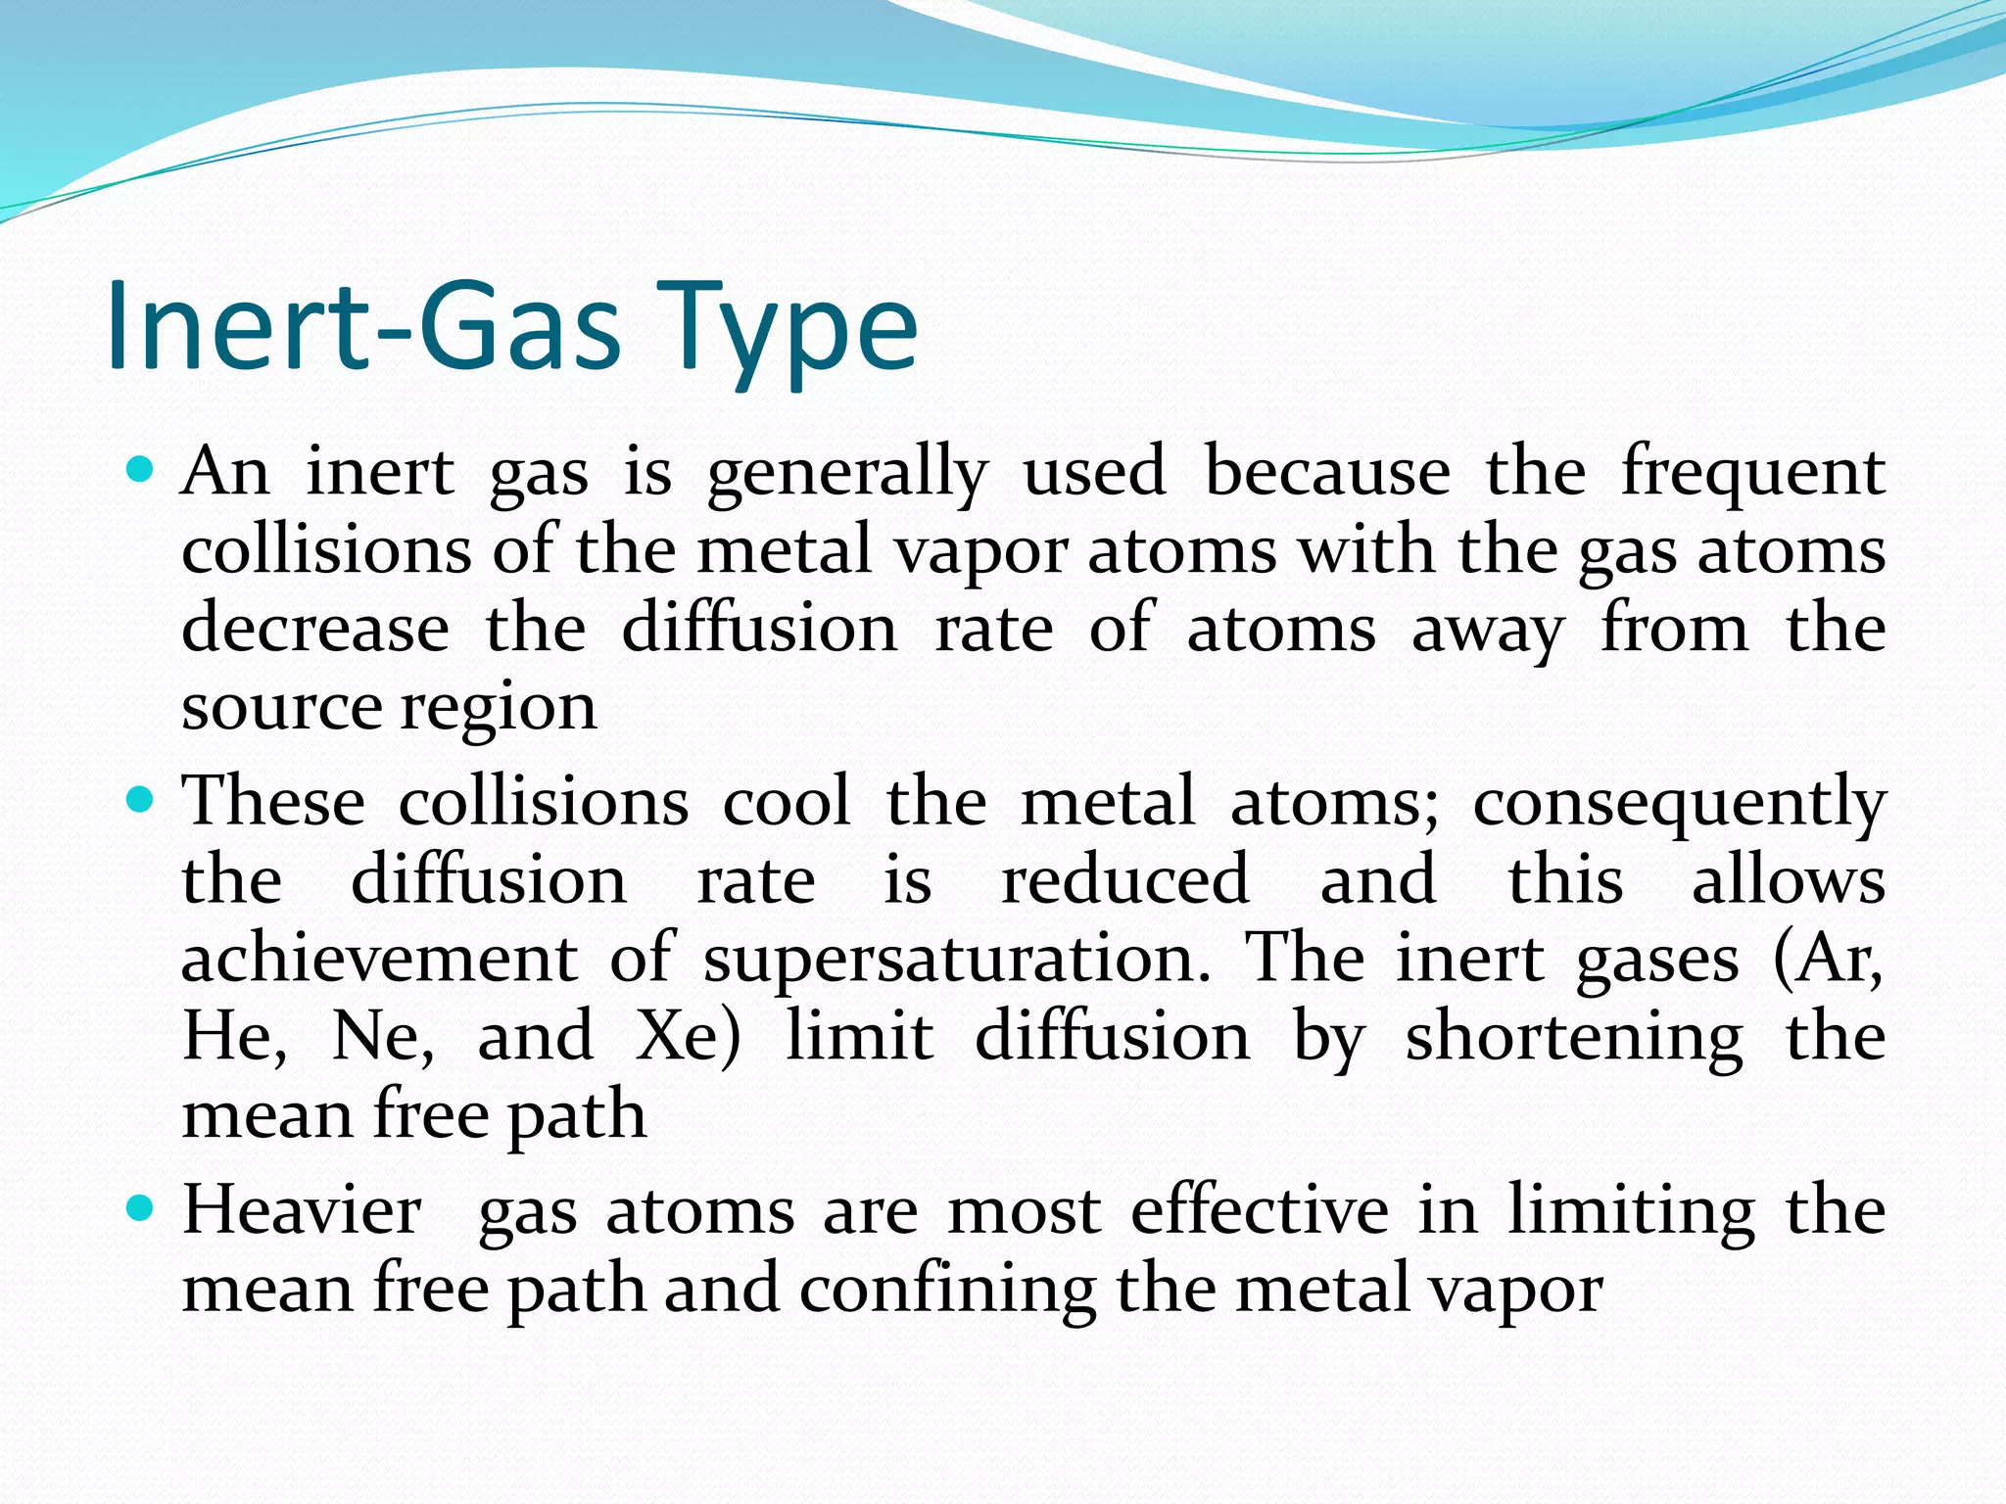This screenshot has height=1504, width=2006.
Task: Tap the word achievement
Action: click(x=379, y=958)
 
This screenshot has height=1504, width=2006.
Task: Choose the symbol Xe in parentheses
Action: click(x=678, y=1036)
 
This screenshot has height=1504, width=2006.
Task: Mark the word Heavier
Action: click(x=302, y=1210)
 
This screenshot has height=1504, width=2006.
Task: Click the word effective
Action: click(x=1260, y=1210)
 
